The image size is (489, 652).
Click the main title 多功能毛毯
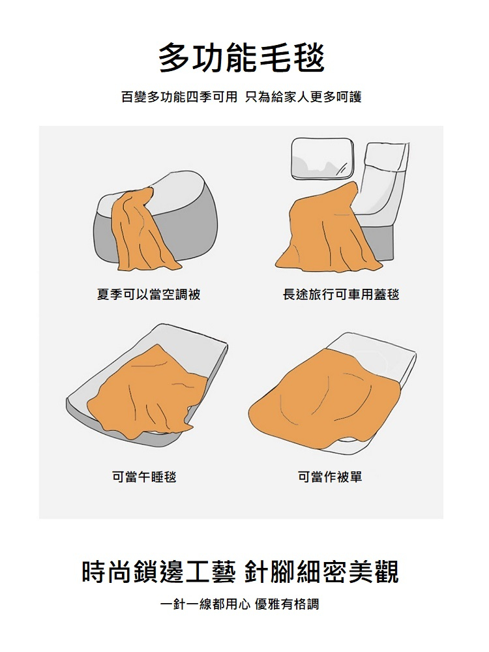[x=242, y=57]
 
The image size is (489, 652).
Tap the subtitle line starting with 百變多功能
[x=242, y=97]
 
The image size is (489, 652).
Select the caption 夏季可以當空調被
[x=149, y=295]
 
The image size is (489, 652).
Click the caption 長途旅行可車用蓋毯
[x=341, y=295]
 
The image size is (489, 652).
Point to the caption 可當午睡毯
[x=144, y=477]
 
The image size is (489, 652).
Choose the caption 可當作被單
[x=330, y=477]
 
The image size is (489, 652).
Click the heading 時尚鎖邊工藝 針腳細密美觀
[x=241, y=572]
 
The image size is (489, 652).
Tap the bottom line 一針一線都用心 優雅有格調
[x=240, y=604]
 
